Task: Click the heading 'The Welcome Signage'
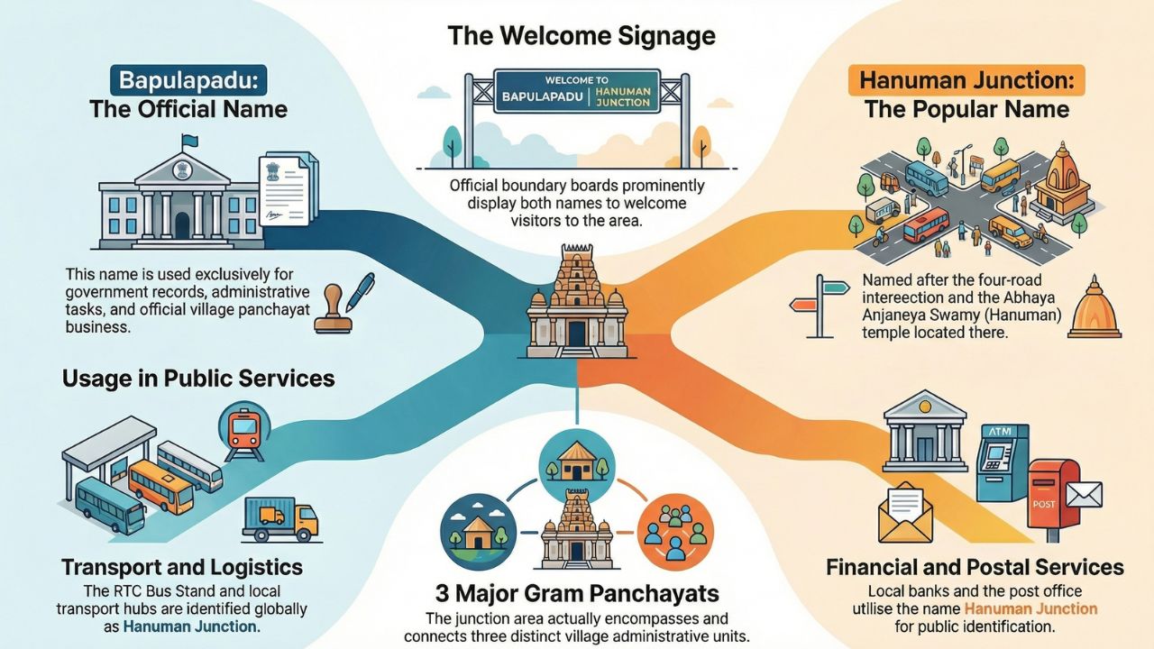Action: [x=582, y=36]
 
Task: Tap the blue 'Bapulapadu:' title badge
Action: [x=188, y=79]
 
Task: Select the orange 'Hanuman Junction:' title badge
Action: [x=966, y=80]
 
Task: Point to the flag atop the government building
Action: [x=188, y=142]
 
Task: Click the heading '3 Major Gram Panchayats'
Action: [x=576, y=594]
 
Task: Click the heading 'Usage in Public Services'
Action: [x=198, y=379]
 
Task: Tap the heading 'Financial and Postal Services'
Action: [x=975, y=567]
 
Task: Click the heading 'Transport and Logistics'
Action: [x=182, y=568]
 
